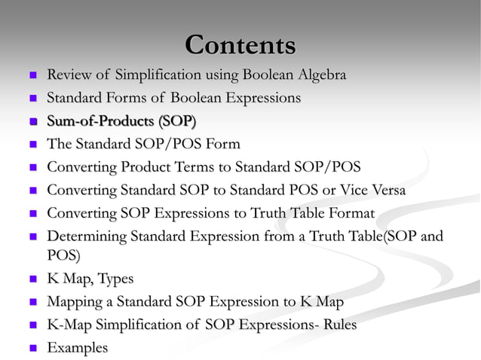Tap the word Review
[x=72, y=75]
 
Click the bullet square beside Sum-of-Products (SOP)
[x=32, y=122]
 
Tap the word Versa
[x=385, y=190]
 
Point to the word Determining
[x=86, y=237]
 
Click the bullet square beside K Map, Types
[x=32, y=280]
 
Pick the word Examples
[x=77, y=348]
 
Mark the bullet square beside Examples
[x=32, y=349]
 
